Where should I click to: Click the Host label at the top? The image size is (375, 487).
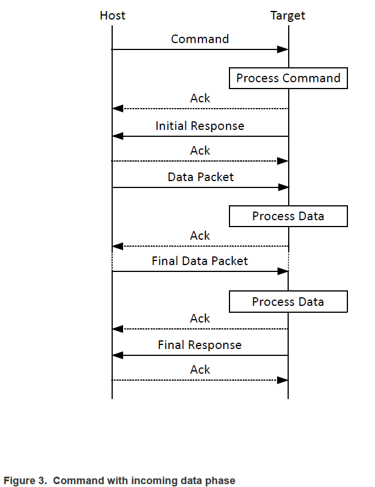(x=112, y=16)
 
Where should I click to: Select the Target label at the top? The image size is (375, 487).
(x=288, y=16)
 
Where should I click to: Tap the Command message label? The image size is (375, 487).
(x=200, y=39)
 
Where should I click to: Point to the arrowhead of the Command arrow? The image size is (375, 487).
(x=282, y=49)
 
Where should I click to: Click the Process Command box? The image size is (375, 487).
(x=288, y=78)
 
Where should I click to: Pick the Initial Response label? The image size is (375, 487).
(x=200, y=126)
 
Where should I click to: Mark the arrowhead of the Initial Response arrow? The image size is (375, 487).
(x=118, y=136)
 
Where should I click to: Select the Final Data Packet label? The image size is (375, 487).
(x=200, y=261)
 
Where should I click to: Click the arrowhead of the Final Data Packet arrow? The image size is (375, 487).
(x=282, y=271)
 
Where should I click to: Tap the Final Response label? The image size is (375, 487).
(x=200, y=345)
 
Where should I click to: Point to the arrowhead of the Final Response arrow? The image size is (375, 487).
(x=118, y=355)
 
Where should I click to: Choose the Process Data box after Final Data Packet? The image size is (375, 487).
(x=288, y=302)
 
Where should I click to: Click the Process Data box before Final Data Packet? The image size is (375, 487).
(x=288, y=217)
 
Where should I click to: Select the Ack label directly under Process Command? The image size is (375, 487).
(x=200, y=98)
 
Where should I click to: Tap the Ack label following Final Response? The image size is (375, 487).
(x=200, y=370)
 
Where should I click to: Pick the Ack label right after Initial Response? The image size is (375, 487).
(x=200, y=151)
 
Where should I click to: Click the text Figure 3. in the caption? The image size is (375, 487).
(x=25, y=481)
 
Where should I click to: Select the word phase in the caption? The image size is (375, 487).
(x=221, y=481)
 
